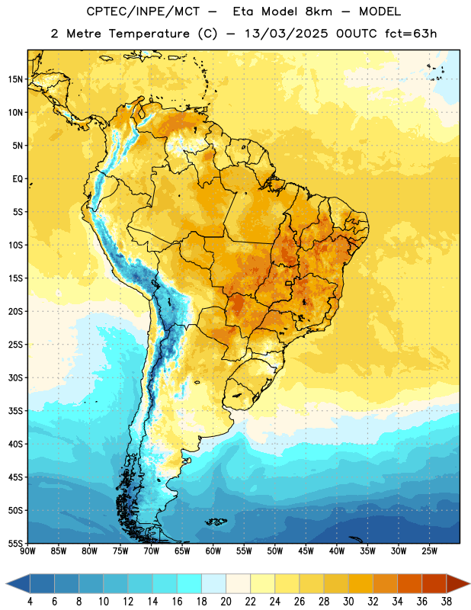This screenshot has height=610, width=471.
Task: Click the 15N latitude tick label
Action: [x=15, y=79]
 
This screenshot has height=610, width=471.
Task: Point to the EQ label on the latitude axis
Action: [x=18, y=179]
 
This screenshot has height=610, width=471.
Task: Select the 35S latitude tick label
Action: [x=15, y=411]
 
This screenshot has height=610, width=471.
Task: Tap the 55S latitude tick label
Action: [x=15, y=543]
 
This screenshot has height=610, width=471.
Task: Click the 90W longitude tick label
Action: [x=27, y=551]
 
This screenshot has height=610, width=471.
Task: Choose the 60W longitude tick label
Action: [x=213, y=551]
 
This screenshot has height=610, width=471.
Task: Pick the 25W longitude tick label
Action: [x=429, y=551]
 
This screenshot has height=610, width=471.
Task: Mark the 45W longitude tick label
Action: [x=306, y=551]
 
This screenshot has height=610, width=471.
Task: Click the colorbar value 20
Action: [x=226, y=602]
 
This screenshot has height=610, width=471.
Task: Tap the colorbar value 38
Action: [x=447, y=602]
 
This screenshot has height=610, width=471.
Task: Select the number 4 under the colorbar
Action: [x=30, y=602]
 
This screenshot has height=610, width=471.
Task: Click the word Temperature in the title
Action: [x=149, y=34]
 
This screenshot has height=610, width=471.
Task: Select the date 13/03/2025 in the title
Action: [x=286, y=34]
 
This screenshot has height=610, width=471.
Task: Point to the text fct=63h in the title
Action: [x=411, y=34]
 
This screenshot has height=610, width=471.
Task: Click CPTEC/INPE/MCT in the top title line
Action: [x=143, y=11]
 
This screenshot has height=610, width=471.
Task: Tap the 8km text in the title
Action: [x=319, y=11]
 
